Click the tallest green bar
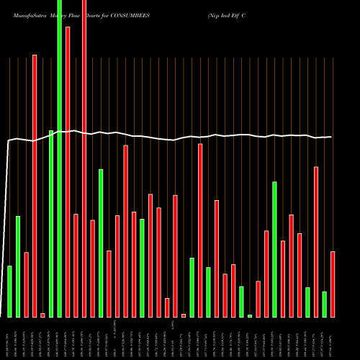pyautogui.click(x=59, y=158)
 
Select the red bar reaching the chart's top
pyautogui.click(x=84, y=158)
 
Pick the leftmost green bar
pyautogui.click(x=9, y=292)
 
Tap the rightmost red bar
pyautogui.click(x=333, y=284)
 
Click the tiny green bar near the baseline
pyautogui.click(x=250, y=315)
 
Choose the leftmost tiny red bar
pyautogui.click(x=42, y=315)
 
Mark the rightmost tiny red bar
pyautogui.click(x=184, y=315)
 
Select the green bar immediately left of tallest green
pyautogui.click(x=51, y=223)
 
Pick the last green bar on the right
pyautogui.click(x=324, y=304)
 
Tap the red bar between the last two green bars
pyautogui.click(x=316, y=242)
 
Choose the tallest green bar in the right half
pyautogui.click(x=274, y=249)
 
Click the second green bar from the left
pyautogui.click(x=18, y=266)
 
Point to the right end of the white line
pyautogui.click(x=332, y=137)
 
